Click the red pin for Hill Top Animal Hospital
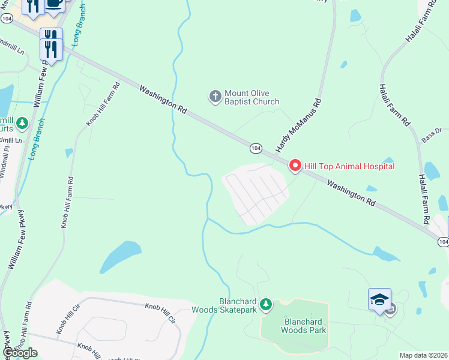(295, 165)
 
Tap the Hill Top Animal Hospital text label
(349, 166)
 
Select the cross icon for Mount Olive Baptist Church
(215, 96)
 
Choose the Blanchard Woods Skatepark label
(224, 305)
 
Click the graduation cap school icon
(379, 299)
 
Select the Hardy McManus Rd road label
(299, 125)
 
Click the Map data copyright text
(424, 355)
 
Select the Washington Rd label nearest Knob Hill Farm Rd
(163, 99)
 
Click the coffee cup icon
(55, 3)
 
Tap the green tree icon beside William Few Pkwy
(22, 124)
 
